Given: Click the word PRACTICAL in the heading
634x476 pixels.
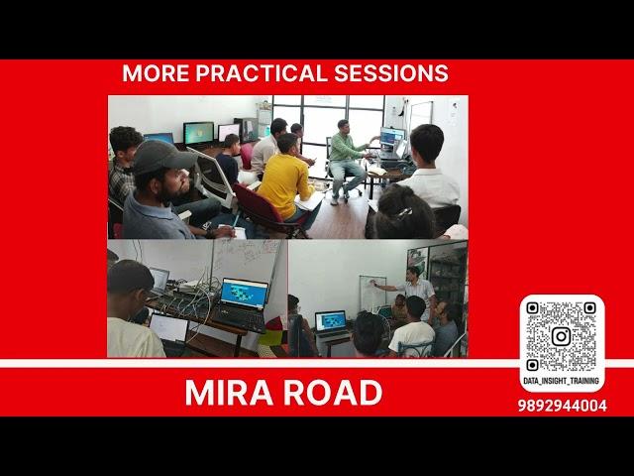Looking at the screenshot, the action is click(x=262, y=73).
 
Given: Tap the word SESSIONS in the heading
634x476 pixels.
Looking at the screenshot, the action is click(x=391, y=73).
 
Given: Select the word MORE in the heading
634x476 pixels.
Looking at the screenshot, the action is click(x=156, y=73).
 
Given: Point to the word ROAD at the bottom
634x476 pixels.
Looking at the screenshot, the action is click(x=333, y=393).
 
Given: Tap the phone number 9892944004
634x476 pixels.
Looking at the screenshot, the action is click(x=562, y=406).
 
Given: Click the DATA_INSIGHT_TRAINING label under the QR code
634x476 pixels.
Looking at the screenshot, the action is click(x=562, y=381).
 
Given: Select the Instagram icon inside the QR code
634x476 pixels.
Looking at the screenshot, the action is click(x=562, y=336).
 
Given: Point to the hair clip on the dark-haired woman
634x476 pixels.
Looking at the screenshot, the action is click(x=404, y=213).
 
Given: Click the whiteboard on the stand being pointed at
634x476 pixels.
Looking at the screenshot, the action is click(x=372, y=295).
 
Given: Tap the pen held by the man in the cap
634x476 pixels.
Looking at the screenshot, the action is click(x=236, y=220).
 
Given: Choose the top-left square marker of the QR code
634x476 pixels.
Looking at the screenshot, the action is click(x=532, y=308).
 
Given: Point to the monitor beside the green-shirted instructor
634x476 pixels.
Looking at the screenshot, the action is click(x=392, y=137).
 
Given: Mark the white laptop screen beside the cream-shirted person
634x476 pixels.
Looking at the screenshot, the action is click(x=169, y=328).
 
